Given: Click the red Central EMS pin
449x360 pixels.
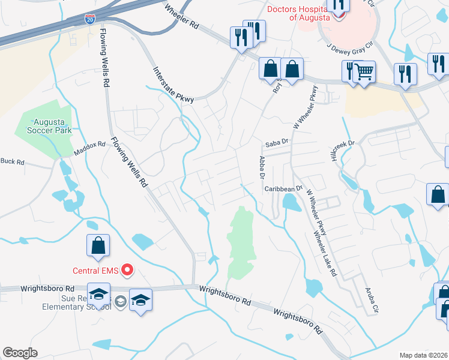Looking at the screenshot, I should [x=127, y=270].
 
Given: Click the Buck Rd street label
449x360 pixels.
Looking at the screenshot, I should [x=12, y=161].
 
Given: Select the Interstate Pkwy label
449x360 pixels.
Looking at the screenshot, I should [x=173, y=84].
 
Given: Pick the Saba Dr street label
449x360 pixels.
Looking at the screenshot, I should [x=277, y=144].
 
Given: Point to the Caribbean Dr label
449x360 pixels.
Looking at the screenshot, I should [x=283, y=189].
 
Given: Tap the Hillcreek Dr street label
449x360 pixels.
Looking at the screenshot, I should [x=343, y=150].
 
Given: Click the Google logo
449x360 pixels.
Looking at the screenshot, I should [x=20, y=352].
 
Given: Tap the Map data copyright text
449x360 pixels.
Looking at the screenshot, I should [x=423, y=355].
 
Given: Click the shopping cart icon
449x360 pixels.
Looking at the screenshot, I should [x=364, y=73].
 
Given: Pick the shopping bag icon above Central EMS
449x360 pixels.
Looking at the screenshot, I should [x=98, y=245].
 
